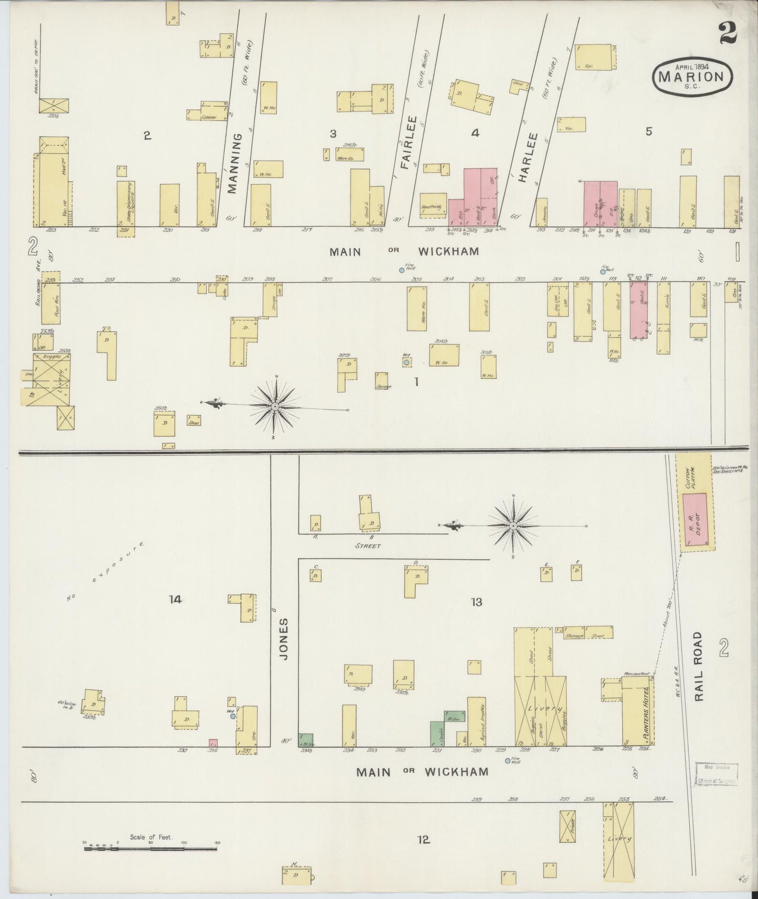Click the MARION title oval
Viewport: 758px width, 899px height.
[692, 77]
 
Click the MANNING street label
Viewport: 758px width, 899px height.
[234, 163]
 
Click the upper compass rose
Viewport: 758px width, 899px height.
[275, 406]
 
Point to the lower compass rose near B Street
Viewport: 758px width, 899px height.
[513, 525]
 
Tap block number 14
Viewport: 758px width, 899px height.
[175, 600]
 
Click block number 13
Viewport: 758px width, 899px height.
[476, 602]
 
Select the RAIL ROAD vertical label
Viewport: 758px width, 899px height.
[698, 666]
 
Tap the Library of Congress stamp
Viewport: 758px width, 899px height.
[717, 775]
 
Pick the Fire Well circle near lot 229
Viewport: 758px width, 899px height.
[507, 761]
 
